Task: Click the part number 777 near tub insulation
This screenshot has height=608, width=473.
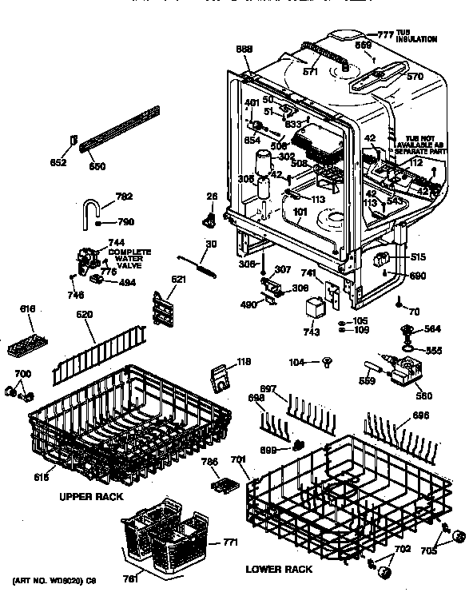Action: [387, 34]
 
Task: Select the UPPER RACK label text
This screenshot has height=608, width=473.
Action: [90, 496]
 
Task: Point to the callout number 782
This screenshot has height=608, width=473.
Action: [101, 197]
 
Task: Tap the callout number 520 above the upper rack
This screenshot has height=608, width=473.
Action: [85, 316]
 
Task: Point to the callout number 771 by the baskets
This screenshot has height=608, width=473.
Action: [231, 543]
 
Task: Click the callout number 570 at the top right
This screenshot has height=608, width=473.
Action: [414, 77]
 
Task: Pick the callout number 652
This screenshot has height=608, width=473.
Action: [58, 162]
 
